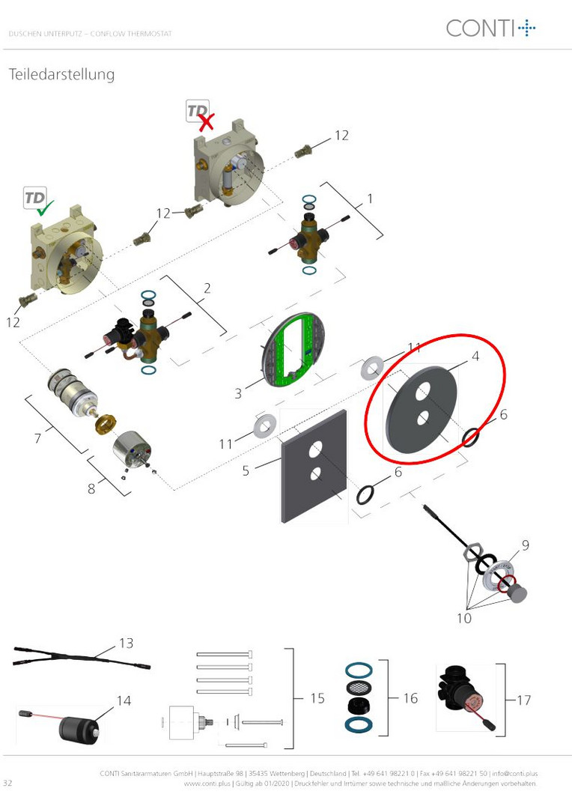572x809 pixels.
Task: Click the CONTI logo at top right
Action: pyautogui.click(x=490, y=28)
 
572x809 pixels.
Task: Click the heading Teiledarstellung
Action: pyautogui.click(x=61, y=74)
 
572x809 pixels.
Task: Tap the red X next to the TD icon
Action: pyautogui.click(x=206, y=122)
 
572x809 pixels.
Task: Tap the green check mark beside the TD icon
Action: pyautogui.click(x=46, y=208)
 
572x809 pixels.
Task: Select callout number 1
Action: pyautogui.click(x=370, y=199)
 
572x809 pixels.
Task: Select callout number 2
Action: pyautogui.click(x=207, y=288)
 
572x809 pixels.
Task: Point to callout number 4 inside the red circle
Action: pyautogui.click(x=475, y=356)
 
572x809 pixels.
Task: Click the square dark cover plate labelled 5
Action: pyautogui.click(x=313, y=466)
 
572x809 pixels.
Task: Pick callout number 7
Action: pyautogui.click(x=37, y=438)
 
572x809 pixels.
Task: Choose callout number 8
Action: pyautogui.click(x=91, y=488)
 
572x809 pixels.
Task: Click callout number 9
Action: pyautogui.click(x=525, y=545)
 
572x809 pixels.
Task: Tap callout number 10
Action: pyautogui.click(x=463, y=617)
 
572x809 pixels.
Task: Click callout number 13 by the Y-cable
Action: pyautogui.click(x=127, y=643)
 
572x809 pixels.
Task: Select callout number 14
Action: pyautogui.click(x=124, y=700)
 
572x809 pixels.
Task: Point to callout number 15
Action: pyautogui.click(x=317, y=698)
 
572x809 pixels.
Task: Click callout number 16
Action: pyautogui.click(x=410, y=698)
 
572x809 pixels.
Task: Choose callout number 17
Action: pyautogui.click(x=523, y=700)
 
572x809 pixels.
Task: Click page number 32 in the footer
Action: pyautogui.click(x=7, y=783)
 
